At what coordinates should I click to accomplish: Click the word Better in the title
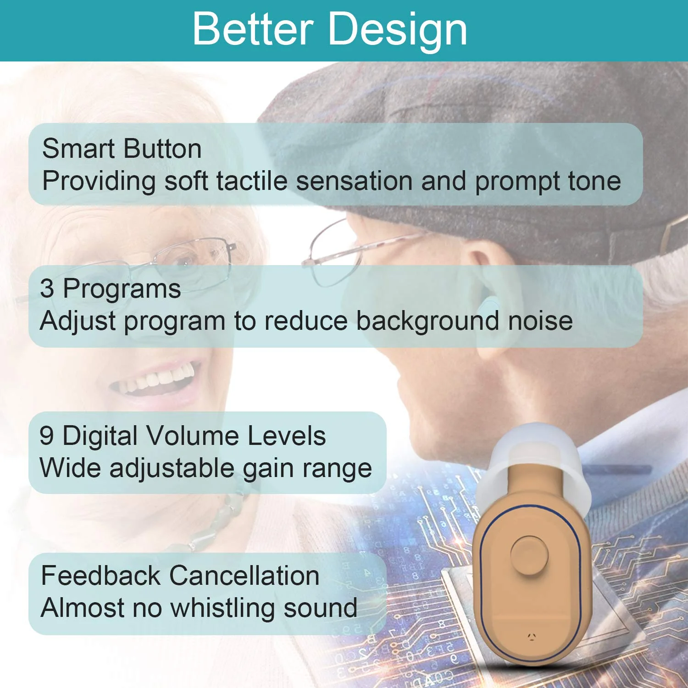pyautogui.click(x=253, y=29)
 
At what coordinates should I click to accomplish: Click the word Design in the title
pyautogui.click(x=398, y=29)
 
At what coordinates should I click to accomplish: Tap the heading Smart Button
pyautogui.click(x=122, y=149)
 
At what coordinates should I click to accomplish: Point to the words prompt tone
pyautogui.click(x=548, y=181)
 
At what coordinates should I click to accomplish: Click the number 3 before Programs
pyautogui.click(x=47, y=289)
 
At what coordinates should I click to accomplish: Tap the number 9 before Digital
pyautogui.click(x=46, y=435)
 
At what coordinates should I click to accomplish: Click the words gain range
pyautogui.click(x=307, y=468)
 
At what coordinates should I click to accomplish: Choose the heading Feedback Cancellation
pyautogui.click(x=180, y=576)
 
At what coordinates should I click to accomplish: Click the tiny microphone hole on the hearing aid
pyautogui.click(x=532, y=636)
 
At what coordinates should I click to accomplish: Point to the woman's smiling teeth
pyautogui.click(x=158, y=379)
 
